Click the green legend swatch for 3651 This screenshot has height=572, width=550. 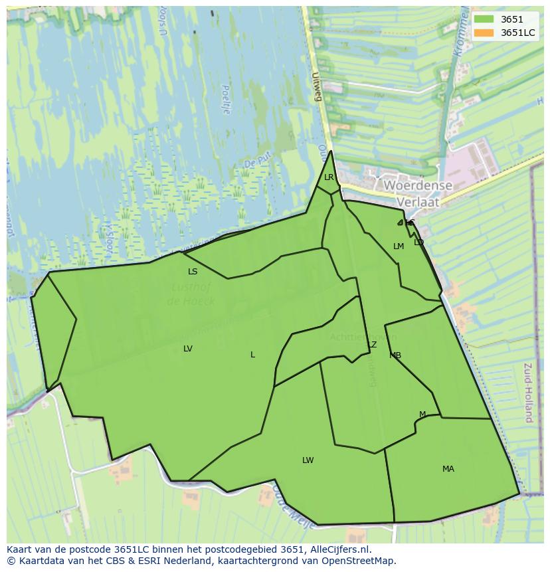click(x=484, y=20)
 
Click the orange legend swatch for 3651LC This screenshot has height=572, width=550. click(x=484, y=33)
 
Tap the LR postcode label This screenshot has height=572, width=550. click(x=329, y=177)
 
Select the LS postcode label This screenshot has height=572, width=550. click(x=193, y=271)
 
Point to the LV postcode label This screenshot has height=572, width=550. click(x=188, y=349)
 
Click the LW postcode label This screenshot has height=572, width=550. click(x=308, y=460)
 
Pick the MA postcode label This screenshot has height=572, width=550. click(x=448, y=469)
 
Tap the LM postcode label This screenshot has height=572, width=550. click(x=399, y=246)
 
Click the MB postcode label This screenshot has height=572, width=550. click(x=395, y=355)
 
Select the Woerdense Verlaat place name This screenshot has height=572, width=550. click(x=418, y=193)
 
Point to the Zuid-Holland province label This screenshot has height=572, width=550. click(x=529, y=393)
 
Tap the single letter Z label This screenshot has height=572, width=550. click(x=374, y=345)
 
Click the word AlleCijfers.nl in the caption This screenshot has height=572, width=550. click(x=337, y=549)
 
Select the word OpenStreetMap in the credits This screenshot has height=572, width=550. click(x=359, y=561)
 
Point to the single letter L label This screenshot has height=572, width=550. click(x=252, y=355)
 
